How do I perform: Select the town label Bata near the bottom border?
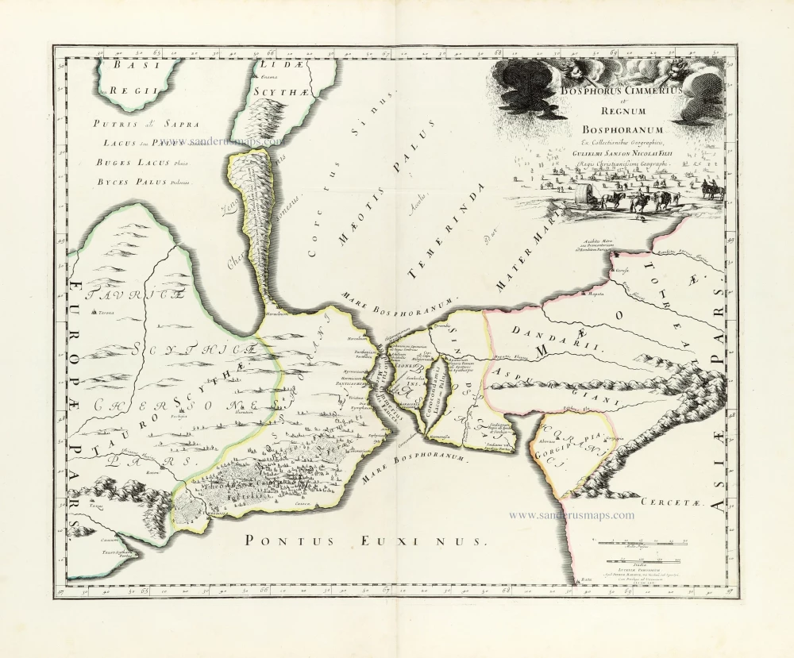point(585,583)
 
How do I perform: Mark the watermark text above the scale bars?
point(571,515)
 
